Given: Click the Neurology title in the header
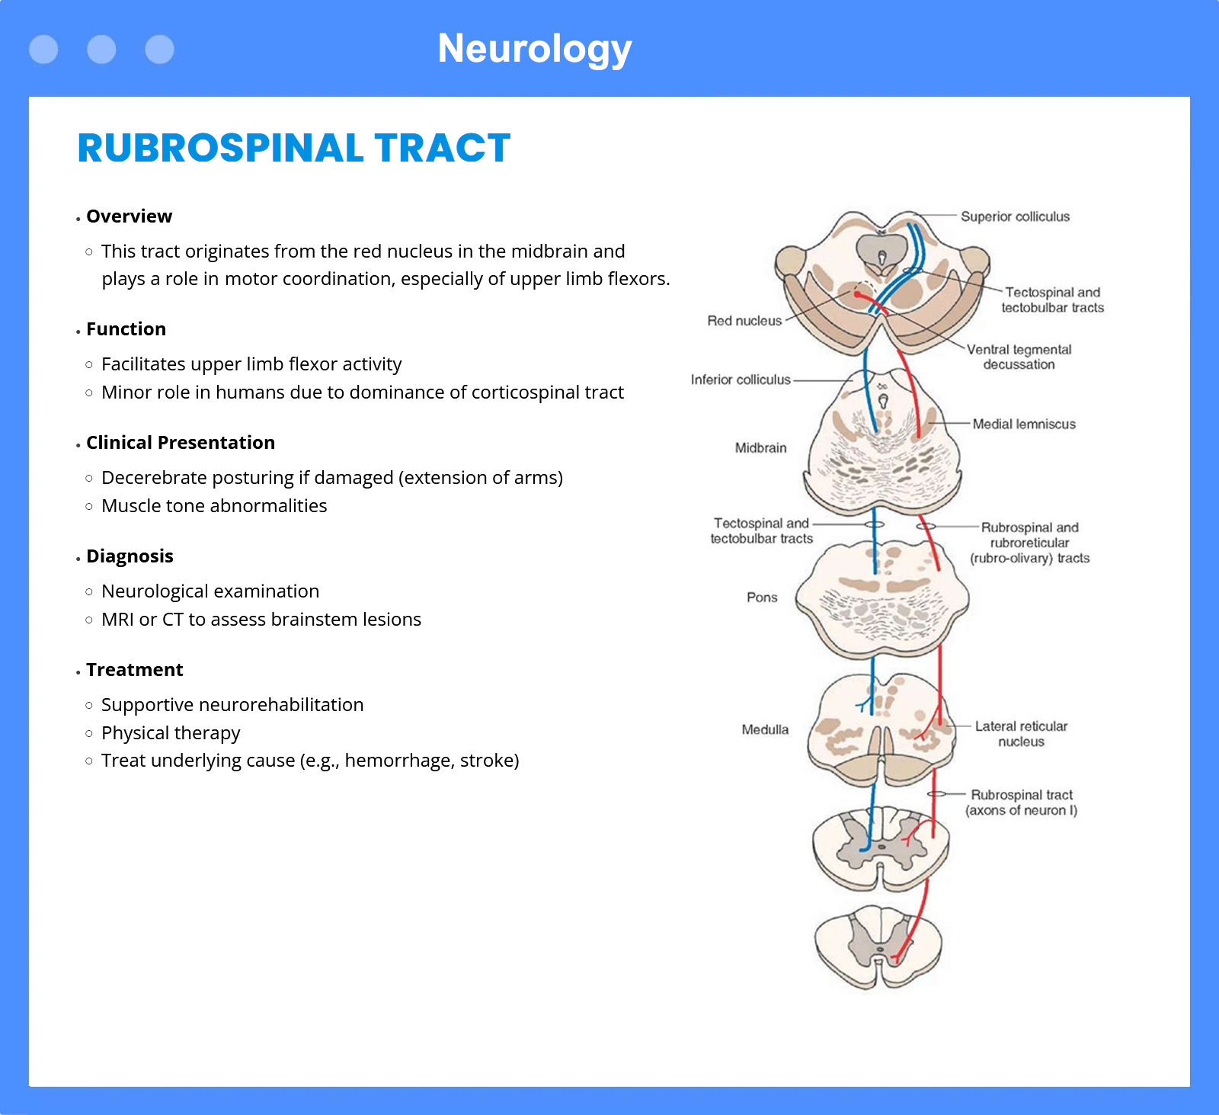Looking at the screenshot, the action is (x=535, y=50).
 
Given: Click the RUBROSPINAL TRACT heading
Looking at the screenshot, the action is (x=294, y=148).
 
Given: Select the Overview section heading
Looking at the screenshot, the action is (x=130, y=216).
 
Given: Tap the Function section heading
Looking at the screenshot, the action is (x=126, y=329).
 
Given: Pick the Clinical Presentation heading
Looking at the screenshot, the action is (x=181, y=443).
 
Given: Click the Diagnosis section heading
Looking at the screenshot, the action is (x=130, y=556).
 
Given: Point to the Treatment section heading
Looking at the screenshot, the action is (x=134, y=670).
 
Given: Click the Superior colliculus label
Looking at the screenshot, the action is (x=1015, y=216).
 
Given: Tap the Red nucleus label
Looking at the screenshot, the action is (x=744, y=321).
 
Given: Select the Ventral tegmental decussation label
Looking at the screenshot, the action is (x=1019, y=357).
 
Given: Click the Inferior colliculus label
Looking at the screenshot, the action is (x=741, y=380).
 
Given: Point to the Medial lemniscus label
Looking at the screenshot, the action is (x=1024, y=424).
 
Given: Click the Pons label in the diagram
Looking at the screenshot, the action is (x=762, y=598).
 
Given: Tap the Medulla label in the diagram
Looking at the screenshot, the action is (x=765, y=729).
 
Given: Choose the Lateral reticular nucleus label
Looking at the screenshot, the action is (x=1021, y=734).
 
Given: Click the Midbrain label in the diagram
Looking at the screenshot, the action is (x=760, y=448).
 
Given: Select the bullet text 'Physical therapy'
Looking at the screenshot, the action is (x=171, y=733).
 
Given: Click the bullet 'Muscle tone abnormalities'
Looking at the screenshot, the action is (x=214, y=506).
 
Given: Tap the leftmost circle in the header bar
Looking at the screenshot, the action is (x=43, y=50).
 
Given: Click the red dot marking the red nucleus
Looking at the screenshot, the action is (x=857, y=294).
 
